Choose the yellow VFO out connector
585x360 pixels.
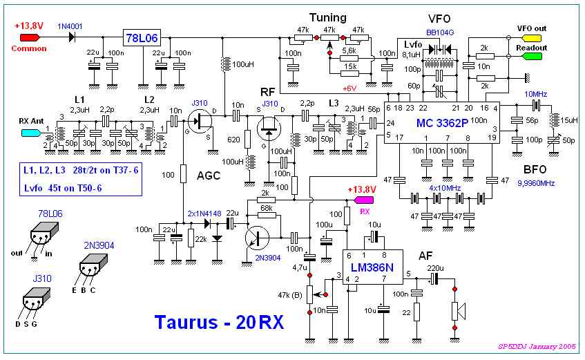pyautogui.click(x=533, y=38)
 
